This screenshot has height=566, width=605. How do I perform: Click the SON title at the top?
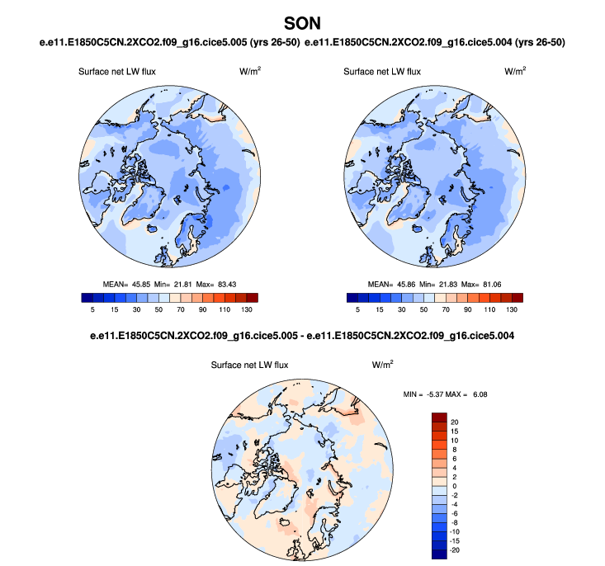pos(302,21)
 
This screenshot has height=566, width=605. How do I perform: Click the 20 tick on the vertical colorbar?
pos(455,421)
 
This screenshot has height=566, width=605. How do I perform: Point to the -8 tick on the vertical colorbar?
pos(455,522)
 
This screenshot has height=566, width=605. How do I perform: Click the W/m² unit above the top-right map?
pos(515,72)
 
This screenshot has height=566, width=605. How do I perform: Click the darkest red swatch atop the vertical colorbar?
pos(437,417)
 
